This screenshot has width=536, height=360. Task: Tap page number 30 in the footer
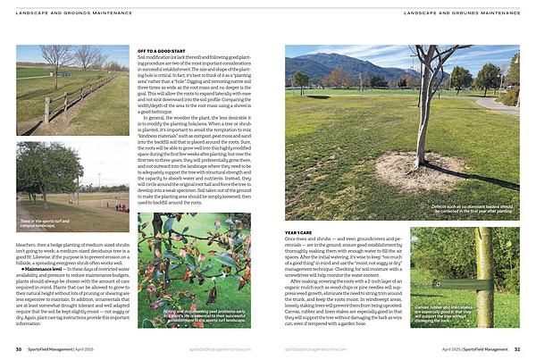[x=19, y=348]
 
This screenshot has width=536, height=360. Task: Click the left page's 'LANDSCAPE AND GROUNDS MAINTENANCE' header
[x=73, y=13]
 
